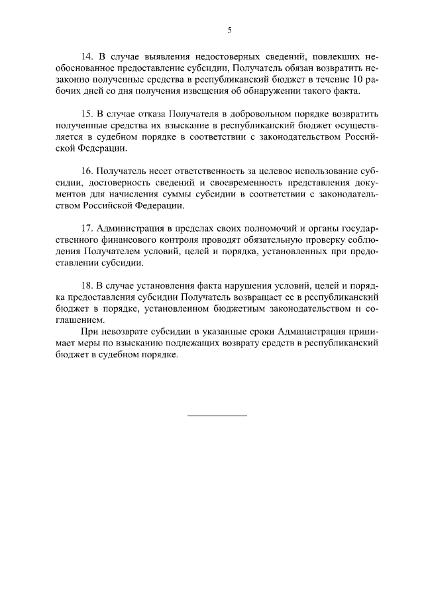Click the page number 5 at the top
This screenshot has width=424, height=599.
(229, 30)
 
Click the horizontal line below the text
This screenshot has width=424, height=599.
(217, 415)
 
